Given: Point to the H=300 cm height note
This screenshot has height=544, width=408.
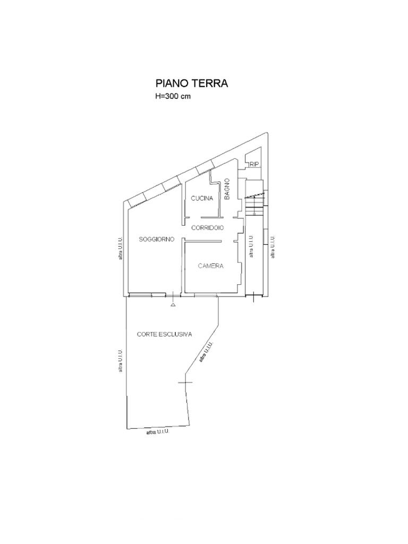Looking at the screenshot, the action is coord(173,97).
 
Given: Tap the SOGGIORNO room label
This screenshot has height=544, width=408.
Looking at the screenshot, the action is coord(157,240).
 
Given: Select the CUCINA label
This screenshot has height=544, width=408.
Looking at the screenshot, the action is coord(202,199).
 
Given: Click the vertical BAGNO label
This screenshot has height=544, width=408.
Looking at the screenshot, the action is coord(227,189).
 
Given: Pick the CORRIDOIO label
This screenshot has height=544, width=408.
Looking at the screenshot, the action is coord(208,228).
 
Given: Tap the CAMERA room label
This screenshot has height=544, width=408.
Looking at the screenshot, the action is coord(210,266).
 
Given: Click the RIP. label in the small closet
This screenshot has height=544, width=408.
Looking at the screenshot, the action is coord(255,165).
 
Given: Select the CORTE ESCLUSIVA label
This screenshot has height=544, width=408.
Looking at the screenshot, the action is coord(165,335).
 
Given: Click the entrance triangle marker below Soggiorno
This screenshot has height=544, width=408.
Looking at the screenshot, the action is coord(173,305).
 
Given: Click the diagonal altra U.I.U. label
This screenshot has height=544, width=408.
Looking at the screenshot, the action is coord(207,353).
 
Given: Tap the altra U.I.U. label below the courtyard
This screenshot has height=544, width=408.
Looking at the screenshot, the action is coord(158,432).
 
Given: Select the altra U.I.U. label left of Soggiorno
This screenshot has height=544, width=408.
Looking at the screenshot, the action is coord(120,249).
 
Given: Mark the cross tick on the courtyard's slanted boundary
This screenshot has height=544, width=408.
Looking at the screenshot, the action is coord(185,382).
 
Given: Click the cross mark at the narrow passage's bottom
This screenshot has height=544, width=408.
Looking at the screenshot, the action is coord(253,297).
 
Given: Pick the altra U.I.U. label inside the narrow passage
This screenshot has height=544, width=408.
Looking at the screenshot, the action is coord(251,246).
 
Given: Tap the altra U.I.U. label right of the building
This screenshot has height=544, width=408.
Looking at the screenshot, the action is coord(273,246).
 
